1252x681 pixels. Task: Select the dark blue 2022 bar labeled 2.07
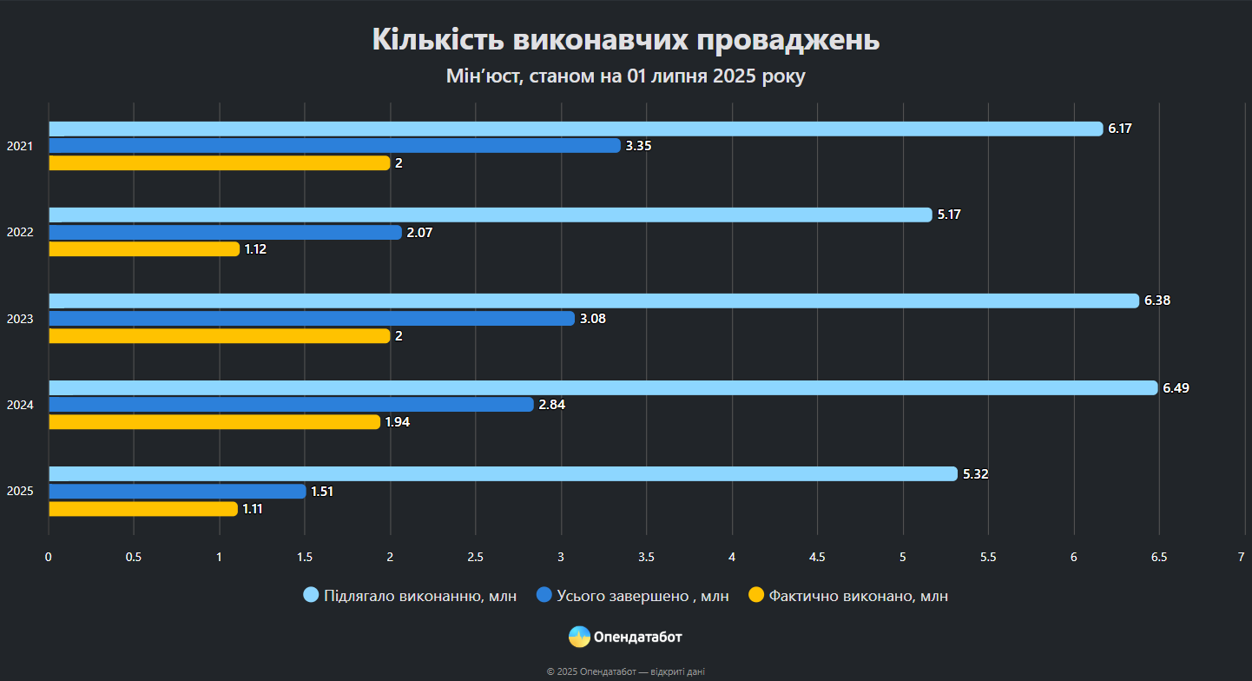click(x=225, y=232)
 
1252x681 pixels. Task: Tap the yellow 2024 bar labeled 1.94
click(x=214, y=422)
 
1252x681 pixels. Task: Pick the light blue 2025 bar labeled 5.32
click(x=503, y=474)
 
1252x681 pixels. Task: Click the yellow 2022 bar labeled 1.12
click(x=143, y=249)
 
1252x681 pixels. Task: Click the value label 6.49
click(x=1176, y=388)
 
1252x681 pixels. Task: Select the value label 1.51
click(x=322, y=492)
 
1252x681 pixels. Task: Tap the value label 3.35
click(x=638, y=146)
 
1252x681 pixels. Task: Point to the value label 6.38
click(x=1157, y=301)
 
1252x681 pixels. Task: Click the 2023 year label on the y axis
click(x=20, y=319)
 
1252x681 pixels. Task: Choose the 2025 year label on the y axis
click(x=20, y=492)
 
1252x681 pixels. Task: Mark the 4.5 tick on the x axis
click(x=817, y=557)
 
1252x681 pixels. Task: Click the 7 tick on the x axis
click(x=1242, y=557)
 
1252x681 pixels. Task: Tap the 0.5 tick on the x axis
click(x=134, y=557)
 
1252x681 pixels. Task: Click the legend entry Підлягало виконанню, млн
click(x=419, y=596)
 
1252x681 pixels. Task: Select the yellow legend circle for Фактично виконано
click(x=756, y=595)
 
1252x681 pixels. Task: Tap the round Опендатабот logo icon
click(x=579, y=637)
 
